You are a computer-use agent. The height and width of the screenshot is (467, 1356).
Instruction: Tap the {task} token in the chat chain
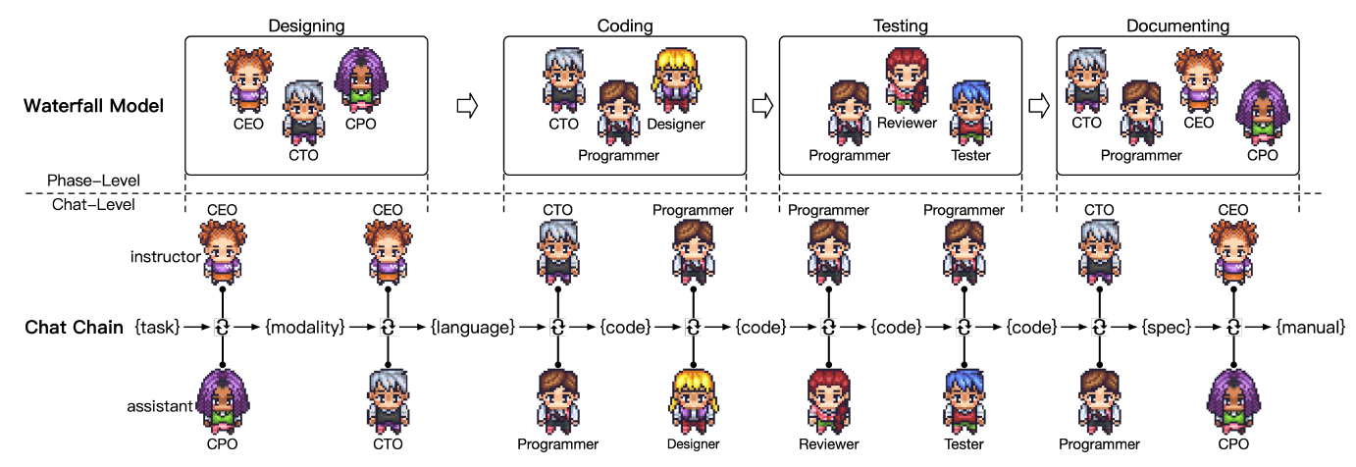[157, 328]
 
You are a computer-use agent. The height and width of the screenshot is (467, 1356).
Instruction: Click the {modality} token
[305, 328]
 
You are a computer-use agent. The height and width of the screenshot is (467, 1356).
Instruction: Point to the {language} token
[473, 328]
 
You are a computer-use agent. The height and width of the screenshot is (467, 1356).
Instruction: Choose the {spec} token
[1163, 328]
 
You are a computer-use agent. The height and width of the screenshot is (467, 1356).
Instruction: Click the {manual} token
[1310, 328]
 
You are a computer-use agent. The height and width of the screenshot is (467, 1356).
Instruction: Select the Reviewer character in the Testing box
[906, 78]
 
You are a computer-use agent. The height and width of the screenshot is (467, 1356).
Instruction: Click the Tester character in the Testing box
[969, 112]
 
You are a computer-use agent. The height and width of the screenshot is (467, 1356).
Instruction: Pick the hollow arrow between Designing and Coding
[467, 106]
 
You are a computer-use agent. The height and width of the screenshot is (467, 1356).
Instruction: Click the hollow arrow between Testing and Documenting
[1038, 104]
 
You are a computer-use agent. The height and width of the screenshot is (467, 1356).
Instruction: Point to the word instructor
[163, 257]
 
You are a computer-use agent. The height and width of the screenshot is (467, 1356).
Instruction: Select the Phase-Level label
[94, 181]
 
